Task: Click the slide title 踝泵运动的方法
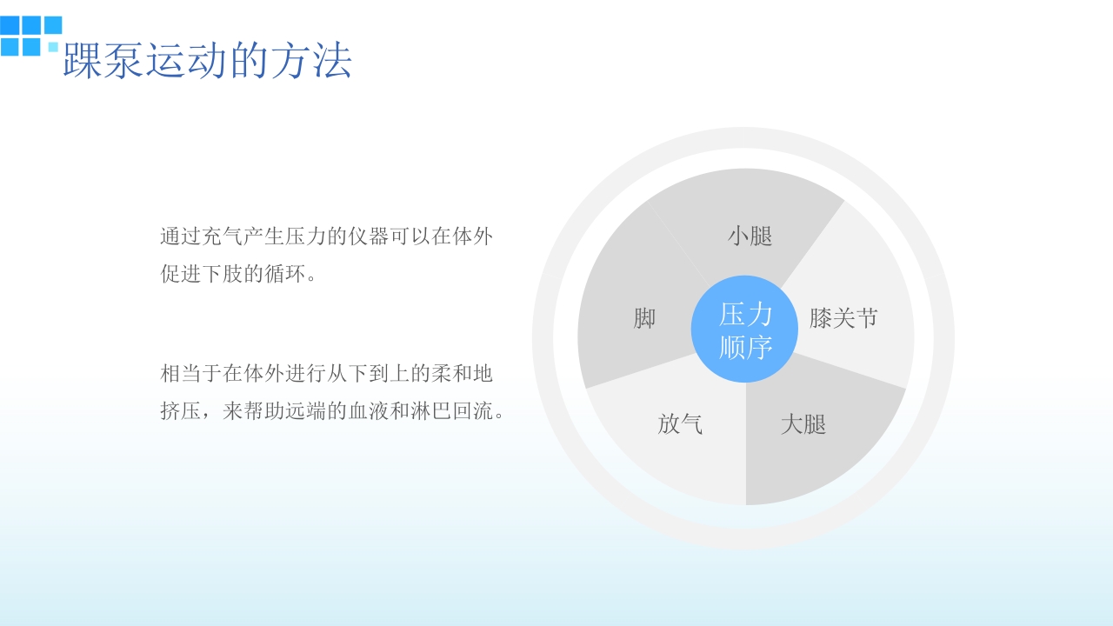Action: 207,61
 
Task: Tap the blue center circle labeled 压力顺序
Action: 745,329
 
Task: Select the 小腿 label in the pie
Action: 750,236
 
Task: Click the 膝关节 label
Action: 843,318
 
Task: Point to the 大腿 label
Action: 803,425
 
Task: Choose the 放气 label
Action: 680,424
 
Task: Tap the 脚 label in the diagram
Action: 644,319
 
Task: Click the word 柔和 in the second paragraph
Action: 451,374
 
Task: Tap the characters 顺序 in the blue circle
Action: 746,347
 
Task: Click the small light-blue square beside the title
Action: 54,46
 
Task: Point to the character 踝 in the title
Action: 83,61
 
